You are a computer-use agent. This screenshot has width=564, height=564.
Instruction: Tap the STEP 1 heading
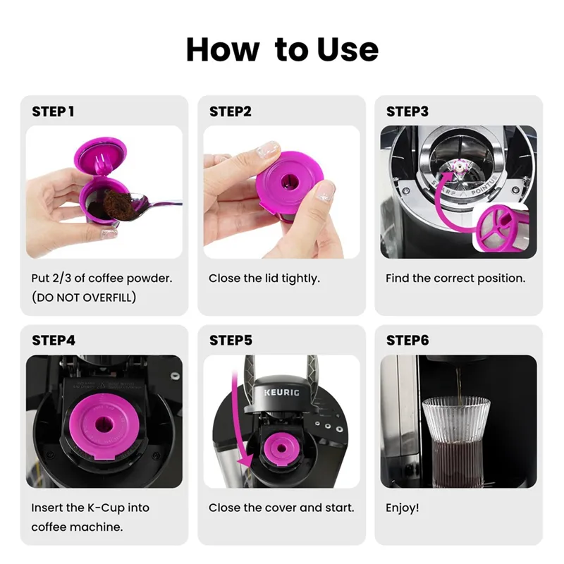[x=53, y=111]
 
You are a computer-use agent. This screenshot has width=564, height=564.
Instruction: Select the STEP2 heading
[x=231, y=111]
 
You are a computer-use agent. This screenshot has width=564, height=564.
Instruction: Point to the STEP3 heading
[x=407, y=111]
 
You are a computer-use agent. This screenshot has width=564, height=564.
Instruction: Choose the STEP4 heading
[x=54, y=341]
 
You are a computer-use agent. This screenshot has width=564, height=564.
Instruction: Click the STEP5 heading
[x=231, y=341]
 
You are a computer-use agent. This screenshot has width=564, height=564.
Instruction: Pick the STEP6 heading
[x=407, y=341]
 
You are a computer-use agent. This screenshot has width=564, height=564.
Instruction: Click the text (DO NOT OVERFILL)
[x=84, y=298]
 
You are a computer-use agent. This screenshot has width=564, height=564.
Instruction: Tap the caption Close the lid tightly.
[x=264, y=278]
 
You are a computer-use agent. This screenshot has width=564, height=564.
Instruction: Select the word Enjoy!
[x=402, y=508]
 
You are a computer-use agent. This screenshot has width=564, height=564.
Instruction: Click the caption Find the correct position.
[x=455, y=278]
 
